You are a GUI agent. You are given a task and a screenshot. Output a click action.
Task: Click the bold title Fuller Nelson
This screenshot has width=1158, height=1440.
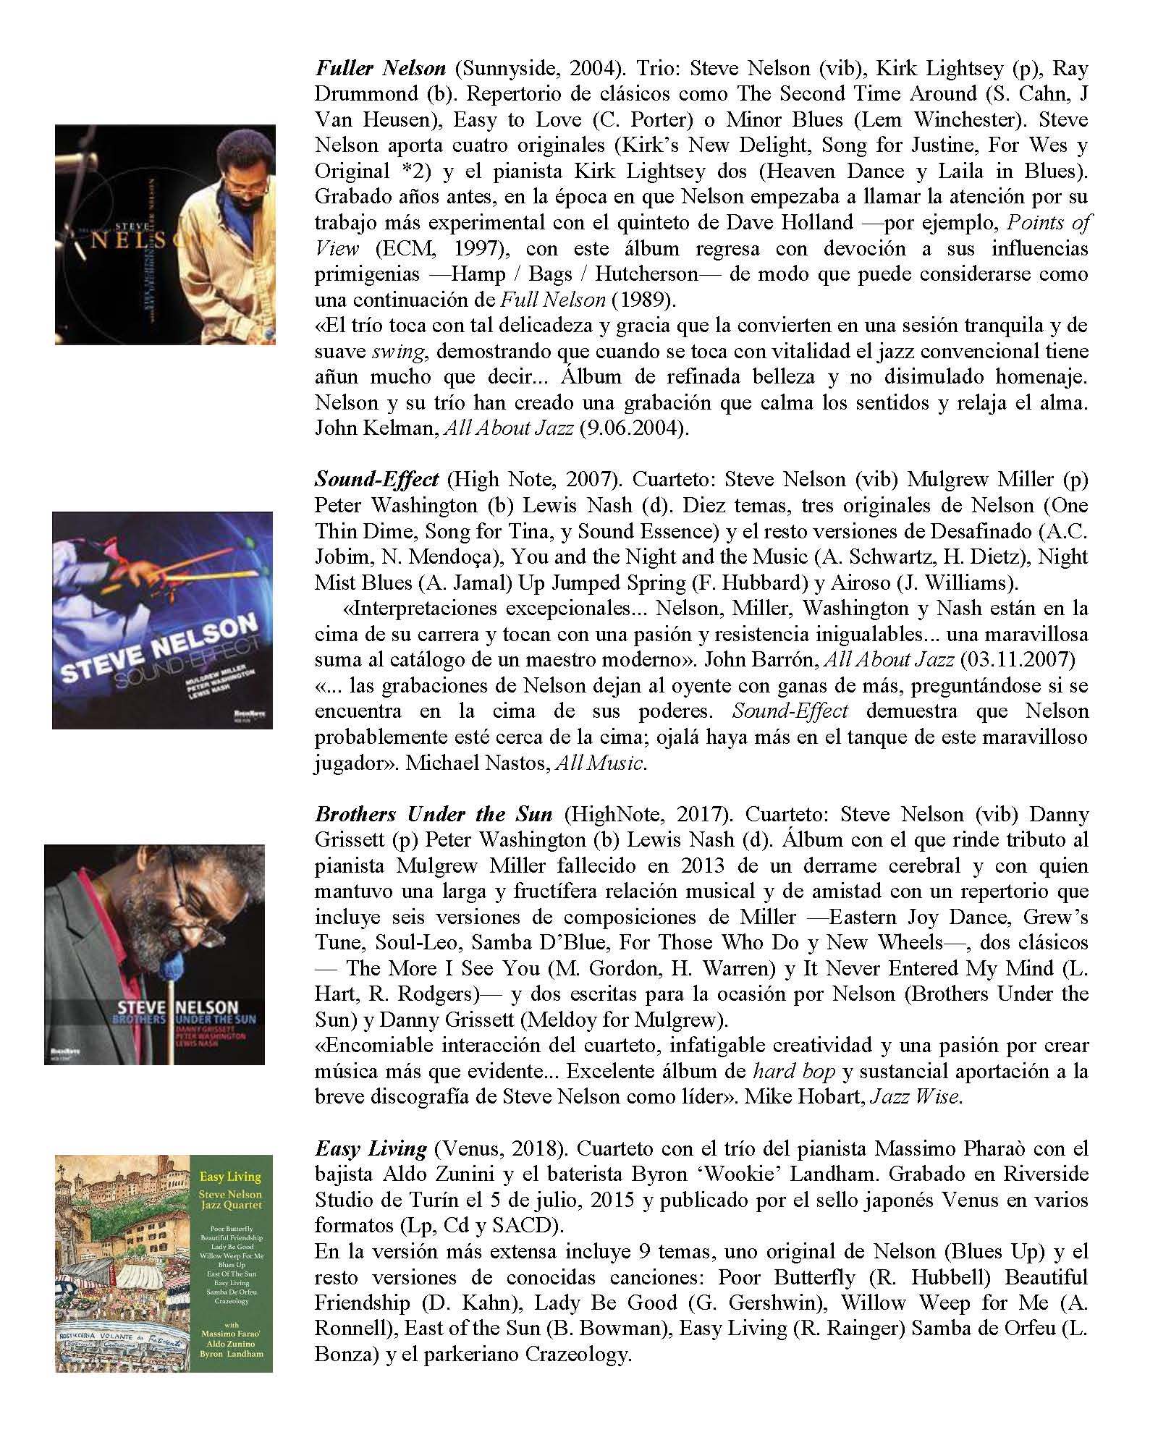381,69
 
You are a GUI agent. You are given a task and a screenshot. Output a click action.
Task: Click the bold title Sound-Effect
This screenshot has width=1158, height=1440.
376,480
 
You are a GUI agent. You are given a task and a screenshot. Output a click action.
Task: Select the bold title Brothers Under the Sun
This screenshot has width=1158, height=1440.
434,814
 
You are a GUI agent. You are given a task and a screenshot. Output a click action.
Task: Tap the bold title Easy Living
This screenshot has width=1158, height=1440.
371,1148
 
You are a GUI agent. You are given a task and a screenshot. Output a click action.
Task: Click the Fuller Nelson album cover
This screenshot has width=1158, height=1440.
165,234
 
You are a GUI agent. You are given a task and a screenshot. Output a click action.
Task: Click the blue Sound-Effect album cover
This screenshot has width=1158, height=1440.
163,620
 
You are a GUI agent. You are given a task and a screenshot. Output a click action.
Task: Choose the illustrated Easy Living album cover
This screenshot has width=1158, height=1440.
164,1263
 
